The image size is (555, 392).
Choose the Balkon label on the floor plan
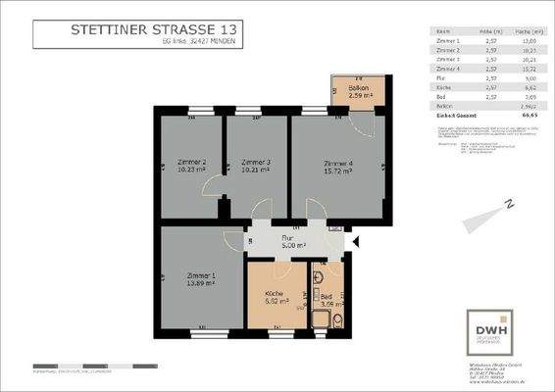[359, 90]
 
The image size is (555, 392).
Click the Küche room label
[276, 296]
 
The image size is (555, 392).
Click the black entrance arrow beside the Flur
[356, 240]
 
